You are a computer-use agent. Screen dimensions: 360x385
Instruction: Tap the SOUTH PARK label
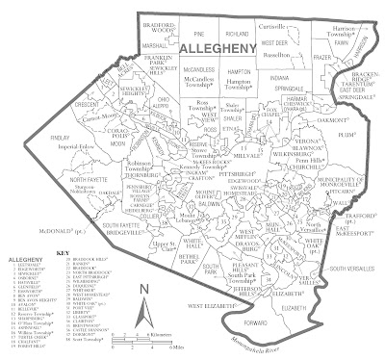pyautogui.click(x=191, y=274)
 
